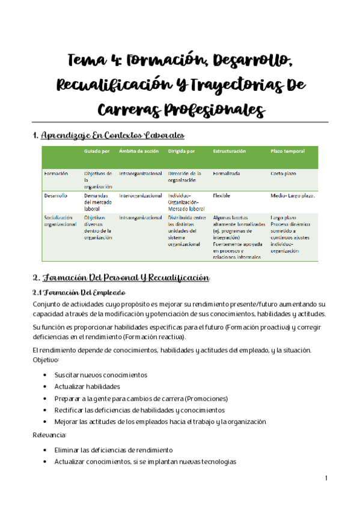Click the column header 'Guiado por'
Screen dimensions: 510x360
(x=97, y=151)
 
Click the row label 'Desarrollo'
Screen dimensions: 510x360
(x=56, y=195)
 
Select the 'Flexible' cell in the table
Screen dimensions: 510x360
(x=221, y=195)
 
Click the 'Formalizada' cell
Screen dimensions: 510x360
(x=226, y=173)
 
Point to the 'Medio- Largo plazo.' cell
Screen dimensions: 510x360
(x=293, y=195)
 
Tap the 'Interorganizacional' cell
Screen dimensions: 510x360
(x=140, y=195)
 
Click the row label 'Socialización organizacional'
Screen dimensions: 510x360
(x=60, y=221)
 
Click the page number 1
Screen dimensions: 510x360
(x=325, y=478)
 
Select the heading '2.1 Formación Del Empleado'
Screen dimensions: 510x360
(x=78, y=292)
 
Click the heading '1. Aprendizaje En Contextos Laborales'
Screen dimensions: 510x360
(x=108, y=135)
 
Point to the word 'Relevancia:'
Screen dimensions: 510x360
(x=50, y=434)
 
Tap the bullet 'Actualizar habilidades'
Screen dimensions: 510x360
(x=87, y=386)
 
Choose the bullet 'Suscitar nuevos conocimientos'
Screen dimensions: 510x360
(x=100, y=375)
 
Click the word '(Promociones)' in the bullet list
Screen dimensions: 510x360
(x=206, y=398)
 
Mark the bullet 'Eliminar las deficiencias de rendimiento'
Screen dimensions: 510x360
(x=114, y=450)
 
